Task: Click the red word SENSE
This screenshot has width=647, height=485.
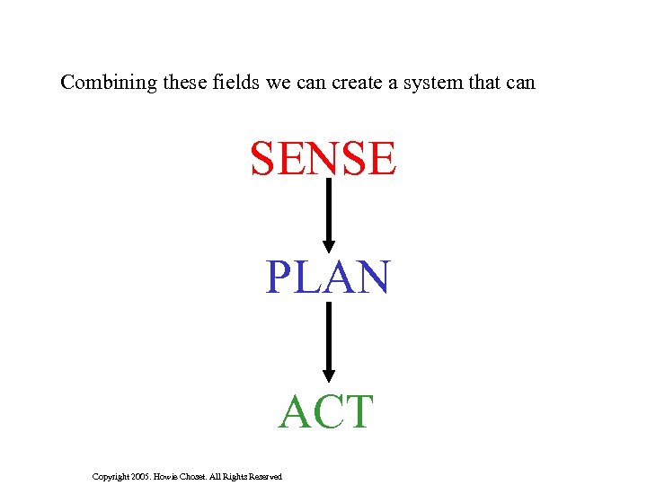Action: click(x=323, y=158)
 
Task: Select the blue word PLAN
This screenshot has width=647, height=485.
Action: click(x=327, y=278)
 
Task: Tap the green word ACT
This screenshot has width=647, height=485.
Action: click(x=325, y=412)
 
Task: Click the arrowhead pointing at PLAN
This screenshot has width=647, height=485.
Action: click(x=329, y=244)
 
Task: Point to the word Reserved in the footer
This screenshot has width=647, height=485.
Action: click(x=263, y=476)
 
